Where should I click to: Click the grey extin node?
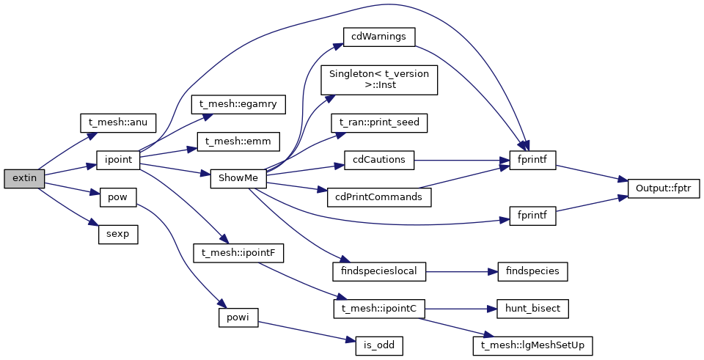click(24, 177)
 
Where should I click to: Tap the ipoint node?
click(118, 159)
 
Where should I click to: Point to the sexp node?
click(118, 234)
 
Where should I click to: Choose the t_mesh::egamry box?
click(238, 103)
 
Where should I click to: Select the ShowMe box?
click(238, 178)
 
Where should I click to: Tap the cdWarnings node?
click(379, 36)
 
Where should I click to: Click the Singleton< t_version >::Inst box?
click(379, 79)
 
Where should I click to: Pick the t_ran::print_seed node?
click(379, 122)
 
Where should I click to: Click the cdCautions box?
click(379, 159)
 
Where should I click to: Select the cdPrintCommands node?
click(379, 196)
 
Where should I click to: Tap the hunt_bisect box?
click(532, 309)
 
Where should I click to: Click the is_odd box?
click(379, 343)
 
